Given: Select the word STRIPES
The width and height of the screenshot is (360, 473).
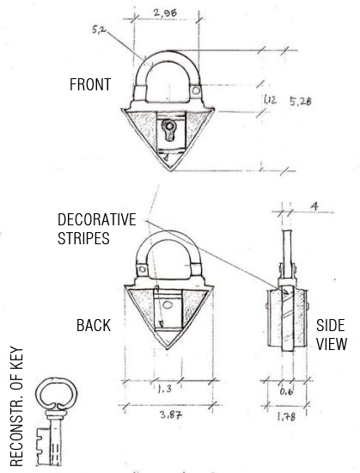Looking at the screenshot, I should click(x=85, y=238).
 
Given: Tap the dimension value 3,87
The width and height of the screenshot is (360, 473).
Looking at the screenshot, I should click(x=169, y=416).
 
